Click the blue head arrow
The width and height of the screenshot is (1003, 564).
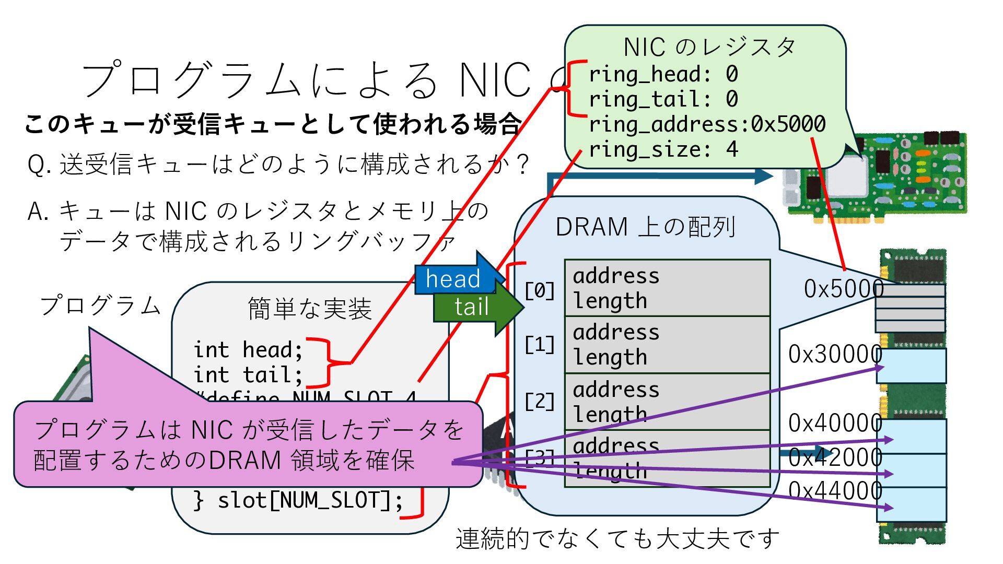453,278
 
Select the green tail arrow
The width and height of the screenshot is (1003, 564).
472,307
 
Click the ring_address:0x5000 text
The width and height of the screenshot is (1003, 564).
707,124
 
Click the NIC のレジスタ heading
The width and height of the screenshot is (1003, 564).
709,47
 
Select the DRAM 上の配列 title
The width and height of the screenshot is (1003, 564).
646,227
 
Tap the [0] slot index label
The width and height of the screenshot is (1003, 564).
540,290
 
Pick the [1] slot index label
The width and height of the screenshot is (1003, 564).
540,345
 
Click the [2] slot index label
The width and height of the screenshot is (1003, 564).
540,401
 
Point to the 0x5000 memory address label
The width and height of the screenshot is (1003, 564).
843,289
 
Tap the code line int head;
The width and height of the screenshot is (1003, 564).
248,349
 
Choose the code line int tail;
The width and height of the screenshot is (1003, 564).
248,374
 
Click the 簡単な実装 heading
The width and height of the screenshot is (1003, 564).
310,308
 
